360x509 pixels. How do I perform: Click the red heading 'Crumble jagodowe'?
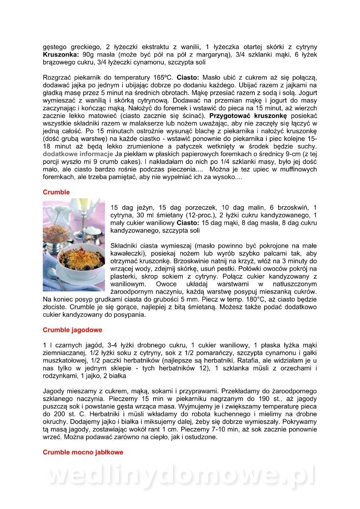click(x=73, y=330)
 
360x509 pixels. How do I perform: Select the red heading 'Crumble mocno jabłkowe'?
click(x=83, y=452)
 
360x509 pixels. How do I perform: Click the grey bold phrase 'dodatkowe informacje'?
click(x=78, y=154)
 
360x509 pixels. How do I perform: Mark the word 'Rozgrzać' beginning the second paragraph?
click(x=58, y=78)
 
